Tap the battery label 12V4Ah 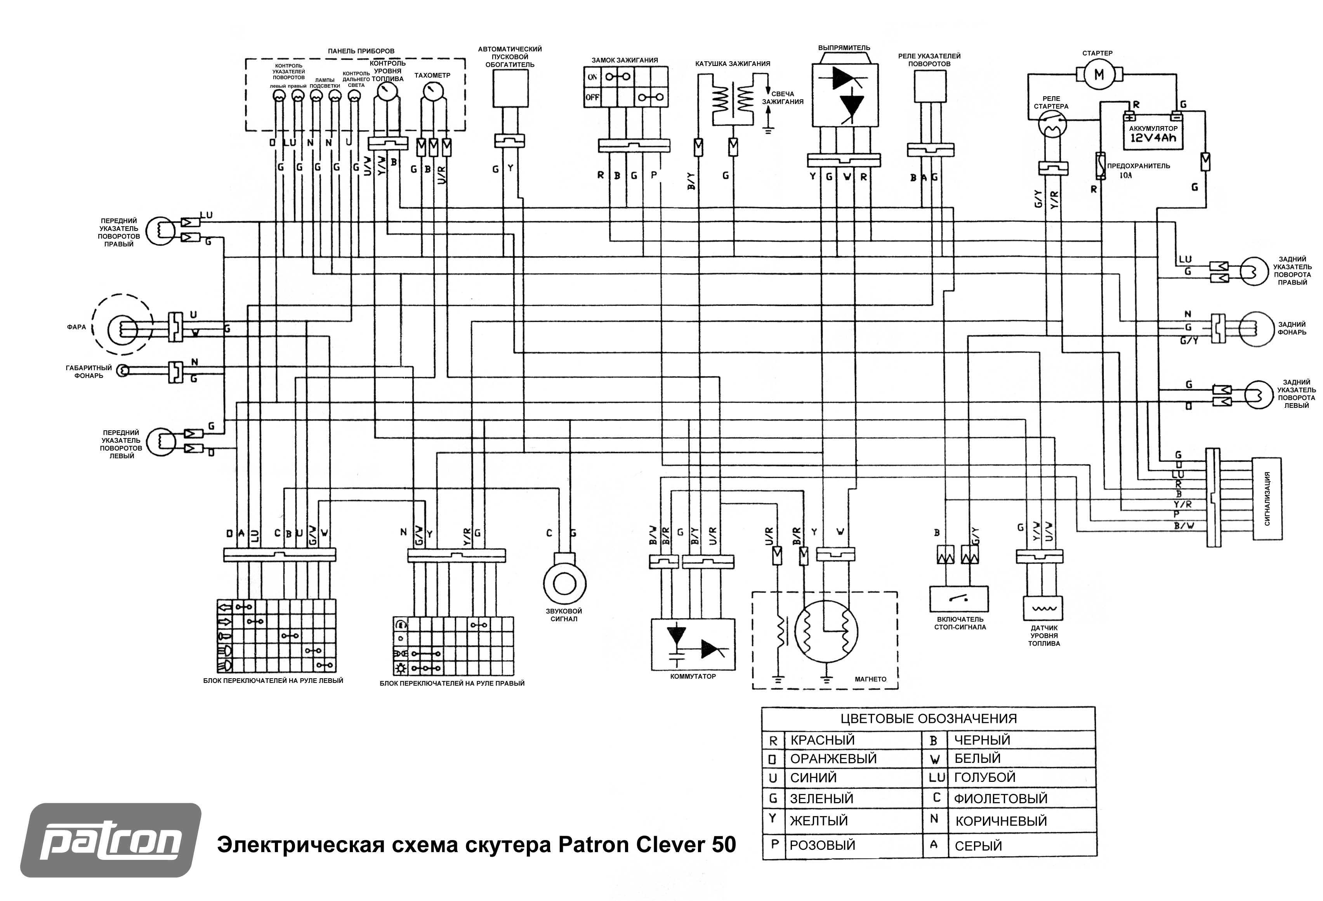(x=1153, y=138)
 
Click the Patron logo (x=111, y=840)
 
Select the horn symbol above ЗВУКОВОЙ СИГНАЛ (x=565, y=583)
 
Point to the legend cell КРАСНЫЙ (x=823, y=740)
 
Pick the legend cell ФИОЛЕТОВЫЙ (x=1000, y=799)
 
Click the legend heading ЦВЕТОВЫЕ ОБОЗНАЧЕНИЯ (x=929, y=718)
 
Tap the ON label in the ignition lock (x=592, y=77)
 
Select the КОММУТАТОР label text (x=693, y=676)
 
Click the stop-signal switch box (x=958, y=599)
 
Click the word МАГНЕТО (x=870, y=679)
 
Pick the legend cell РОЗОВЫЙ (x=822, y=845)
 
